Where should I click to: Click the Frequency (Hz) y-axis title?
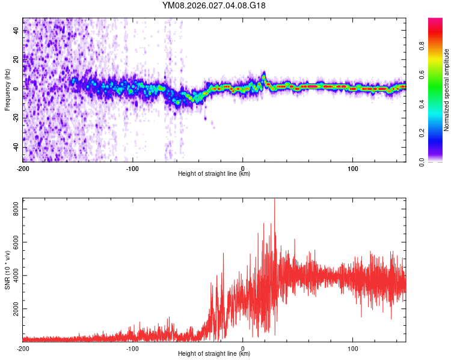(x=7, y=90)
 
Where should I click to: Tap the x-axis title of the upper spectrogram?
(x=214, y=174)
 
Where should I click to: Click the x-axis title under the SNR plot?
(x=214, y=354)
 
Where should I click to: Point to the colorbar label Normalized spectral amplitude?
(x=447, y=90)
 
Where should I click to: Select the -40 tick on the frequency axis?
(x=15, y=147)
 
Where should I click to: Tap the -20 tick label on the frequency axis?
(x=15, y=118)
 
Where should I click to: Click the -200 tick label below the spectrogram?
(x=23, y=168)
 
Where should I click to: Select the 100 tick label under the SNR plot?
(x=353, y=348)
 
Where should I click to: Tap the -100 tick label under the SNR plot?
(x=132, y=348)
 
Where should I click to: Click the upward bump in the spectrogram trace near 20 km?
(x=264, y=76)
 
